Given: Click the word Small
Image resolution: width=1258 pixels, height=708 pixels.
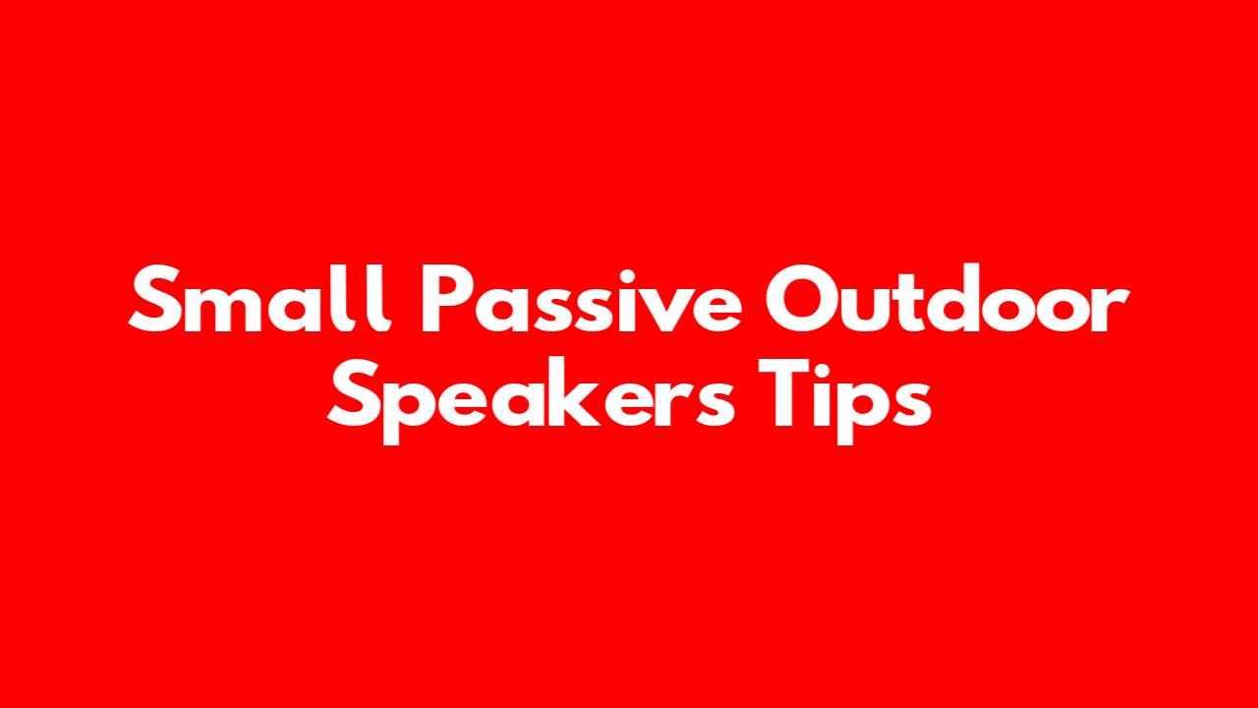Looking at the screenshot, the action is click(259, 299).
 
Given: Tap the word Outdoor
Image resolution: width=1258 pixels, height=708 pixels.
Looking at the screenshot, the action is click(947, 299).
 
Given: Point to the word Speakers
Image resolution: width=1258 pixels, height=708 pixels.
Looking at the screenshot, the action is click(532, 400).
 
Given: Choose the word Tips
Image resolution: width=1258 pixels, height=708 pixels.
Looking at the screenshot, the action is click(844, 400).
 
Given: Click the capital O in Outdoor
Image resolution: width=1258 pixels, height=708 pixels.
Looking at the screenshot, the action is click(801, 299).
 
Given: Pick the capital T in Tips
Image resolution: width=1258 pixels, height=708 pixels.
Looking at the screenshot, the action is click(786, 391).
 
